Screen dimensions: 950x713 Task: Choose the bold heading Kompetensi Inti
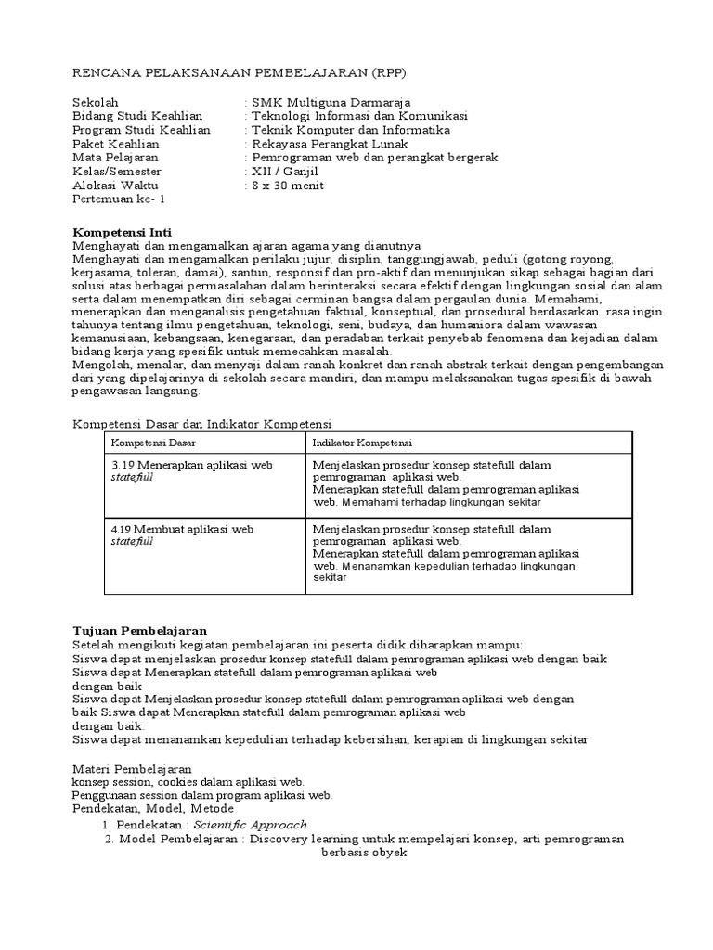(x=122, y=231)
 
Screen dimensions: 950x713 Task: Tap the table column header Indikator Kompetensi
(x=363, y=443)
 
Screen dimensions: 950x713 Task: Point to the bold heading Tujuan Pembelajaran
(x=139, y=630)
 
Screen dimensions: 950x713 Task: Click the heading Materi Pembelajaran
(x=132, y=769)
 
